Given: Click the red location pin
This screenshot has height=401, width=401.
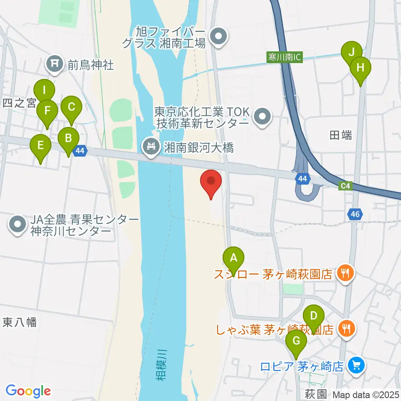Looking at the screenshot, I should (211, 182).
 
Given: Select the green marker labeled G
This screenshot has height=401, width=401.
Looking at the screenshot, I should (296, 341).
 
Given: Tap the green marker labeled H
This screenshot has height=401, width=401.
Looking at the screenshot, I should (360, 67).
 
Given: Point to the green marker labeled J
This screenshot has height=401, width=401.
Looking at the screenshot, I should (351, 53).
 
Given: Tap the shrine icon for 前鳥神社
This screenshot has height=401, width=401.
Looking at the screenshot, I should (54, 64).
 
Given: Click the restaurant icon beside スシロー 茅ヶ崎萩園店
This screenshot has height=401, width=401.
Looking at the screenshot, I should (345, 274).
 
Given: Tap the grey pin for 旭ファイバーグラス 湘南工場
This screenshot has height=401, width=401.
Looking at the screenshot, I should (218, 37).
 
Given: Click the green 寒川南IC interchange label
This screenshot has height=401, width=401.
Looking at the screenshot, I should (284, 57).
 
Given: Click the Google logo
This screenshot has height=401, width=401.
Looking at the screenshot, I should (28, 391).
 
